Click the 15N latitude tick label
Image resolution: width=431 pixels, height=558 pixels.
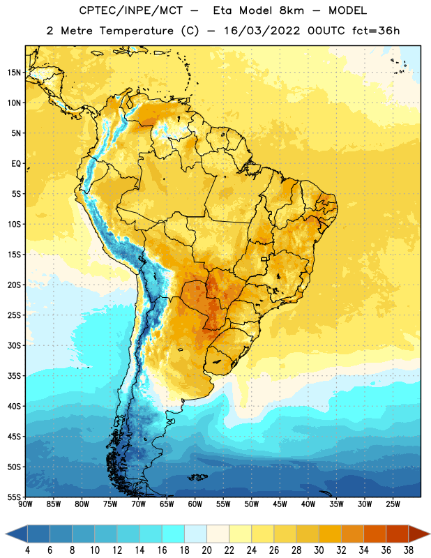click(x=14, y=73)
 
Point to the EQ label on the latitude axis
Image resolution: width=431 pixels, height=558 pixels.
click(x=16, y=164)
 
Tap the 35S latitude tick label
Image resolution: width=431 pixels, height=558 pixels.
click(x=14, y=376)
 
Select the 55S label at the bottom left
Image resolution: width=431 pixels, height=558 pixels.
click(x=14, y=497)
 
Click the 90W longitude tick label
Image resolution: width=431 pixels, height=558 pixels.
click(x=25, y=504)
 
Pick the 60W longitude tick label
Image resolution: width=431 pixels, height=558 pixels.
click(x=195, y=504)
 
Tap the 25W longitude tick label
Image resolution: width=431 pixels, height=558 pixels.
click(x=393, y=504)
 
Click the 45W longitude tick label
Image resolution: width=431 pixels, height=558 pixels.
click(x=280, y=504)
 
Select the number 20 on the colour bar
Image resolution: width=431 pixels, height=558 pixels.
click(x=206, y=550)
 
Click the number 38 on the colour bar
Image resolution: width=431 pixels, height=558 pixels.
click(x=409, y=550)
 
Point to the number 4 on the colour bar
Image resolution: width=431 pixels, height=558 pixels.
click(x=27, y=550)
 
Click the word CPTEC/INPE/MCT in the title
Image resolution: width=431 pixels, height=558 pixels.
click(x=131, y=10)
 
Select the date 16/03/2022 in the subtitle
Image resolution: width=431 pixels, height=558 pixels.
click(x=262, y=31)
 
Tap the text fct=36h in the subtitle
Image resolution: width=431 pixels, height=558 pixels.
click(x=376, y=31)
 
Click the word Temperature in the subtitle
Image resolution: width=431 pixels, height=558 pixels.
click(x=136, y=31)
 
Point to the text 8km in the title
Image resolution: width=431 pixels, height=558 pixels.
click(x=292, y=10)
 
